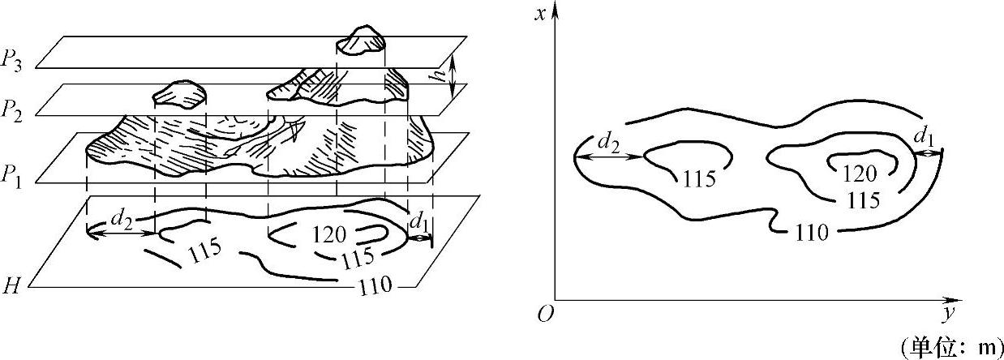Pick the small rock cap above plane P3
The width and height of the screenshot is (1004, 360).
(361, 41)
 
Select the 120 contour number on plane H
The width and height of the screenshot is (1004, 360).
(330, 235)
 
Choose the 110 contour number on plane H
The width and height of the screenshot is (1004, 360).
(375, 285)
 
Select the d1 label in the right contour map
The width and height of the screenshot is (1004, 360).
(924, 137)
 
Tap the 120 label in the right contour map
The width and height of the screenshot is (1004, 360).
(860, 174)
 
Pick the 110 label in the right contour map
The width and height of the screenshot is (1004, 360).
(811, 234)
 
